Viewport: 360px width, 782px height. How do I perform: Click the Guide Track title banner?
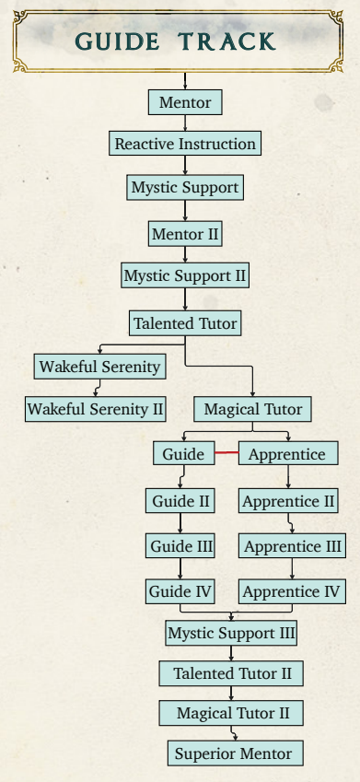178,41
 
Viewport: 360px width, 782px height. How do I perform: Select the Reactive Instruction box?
185,144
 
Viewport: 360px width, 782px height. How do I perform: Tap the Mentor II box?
185,234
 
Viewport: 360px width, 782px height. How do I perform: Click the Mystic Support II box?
185,275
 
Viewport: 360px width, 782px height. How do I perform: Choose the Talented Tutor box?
185,323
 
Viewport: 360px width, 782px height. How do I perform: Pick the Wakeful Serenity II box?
96,409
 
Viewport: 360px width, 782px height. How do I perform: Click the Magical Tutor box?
253,410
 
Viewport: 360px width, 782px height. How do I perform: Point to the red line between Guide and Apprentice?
226,453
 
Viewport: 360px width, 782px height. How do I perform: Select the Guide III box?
180,546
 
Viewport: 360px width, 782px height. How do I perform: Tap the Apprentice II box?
288,501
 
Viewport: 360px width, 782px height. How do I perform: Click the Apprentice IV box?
292,592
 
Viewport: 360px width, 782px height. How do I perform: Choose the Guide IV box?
180,592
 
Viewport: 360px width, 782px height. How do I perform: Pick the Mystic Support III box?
231,634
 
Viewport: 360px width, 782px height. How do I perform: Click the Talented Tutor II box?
231,674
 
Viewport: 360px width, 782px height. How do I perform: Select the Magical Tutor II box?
231,713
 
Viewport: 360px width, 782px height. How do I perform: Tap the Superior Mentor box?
236,753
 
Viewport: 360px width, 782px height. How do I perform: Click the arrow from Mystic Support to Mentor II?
185,211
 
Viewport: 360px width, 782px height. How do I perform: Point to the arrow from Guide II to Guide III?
180,524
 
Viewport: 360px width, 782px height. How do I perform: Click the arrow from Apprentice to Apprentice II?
288,477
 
